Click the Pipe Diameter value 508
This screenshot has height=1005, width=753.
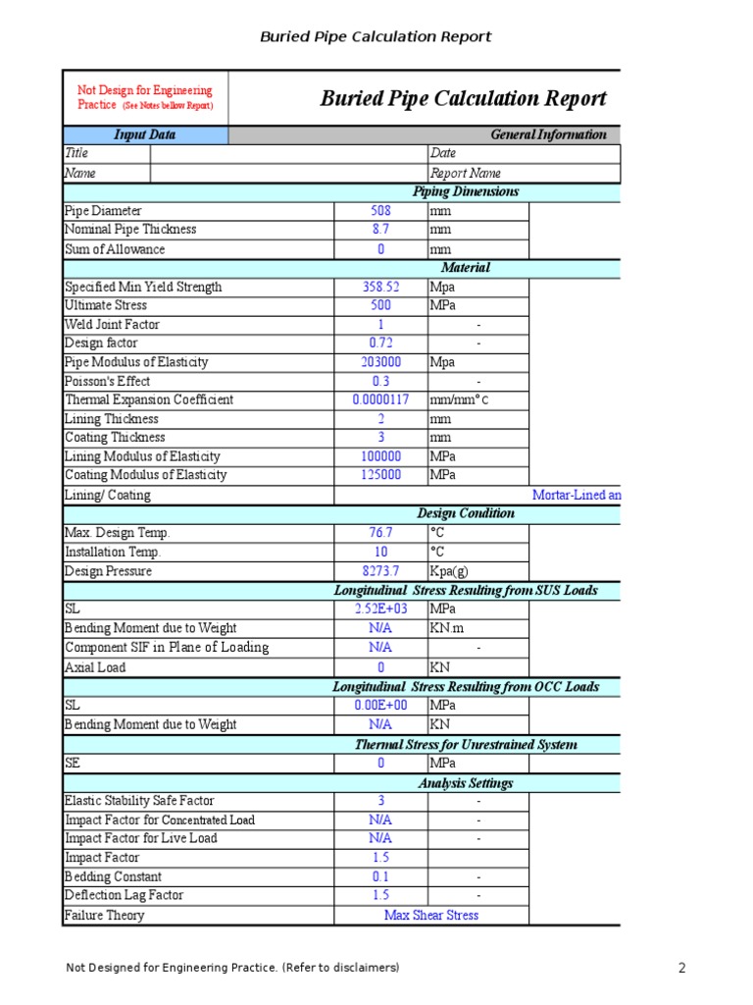tap(380, 211)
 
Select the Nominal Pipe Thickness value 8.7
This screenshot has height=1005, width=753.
tap(380, 230)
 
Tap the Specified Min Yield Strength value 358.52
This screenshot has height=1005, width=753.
tap(380, 288)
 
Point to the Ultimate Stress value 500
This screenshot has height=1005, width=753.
tap(380, 306)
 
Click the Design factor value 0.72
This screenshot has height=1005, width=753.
tap(380, 344)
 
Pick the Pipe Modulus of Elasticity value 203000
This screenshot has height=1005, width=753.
tap(380, 362)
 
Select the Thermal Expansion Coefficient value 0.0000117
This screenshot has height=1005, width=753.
tap(380, 400)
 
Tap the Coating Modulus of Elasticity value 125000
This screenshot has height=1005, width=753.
tap(380, 475)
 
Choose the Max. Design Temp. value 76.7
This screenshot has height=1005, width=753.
tap(380, 533)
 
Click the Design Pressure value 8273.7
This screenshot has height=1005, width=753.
tap(380, 571)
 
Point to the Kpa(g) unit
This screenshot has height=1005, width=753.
tap(451, 571)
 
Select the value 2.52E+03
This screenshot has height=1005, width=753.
tap(380, 609)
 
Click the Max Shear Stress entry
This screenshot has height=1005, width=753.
tap(431, 916)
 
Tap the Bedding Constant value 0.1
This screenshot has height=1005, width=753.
tap(380, 877)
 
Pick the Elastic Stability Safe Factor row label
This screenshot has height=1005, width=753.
tap(139, 801)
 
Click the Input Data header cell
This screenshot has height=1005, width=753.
tap(145, 135)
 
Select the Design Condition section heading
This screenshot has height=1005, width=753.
tap(466, 513)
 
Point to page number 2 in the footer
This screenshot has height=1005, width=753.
tap(682, 969)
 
